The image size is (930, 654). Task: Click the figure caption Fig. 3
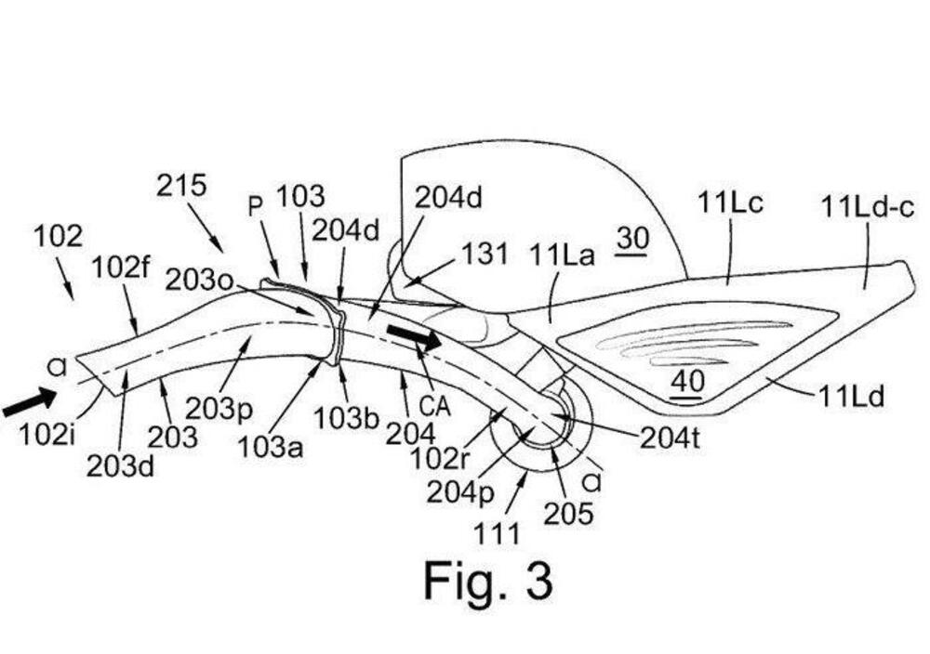[488, 580]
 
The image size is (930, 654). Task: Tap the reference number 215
[181, 186]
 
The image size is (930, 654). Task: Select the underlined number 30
[631, 239]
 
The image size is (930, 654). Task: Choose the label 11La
[561, 253]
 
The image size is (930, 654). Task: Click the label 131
[485, 253]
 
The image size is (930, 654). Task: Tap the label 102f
[121, 268]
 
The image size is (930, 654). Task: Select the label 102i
[47, 433]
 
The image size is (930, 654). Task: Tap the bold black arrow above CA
[413, 336]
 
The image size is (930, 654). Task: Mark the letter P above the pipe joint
[256, 206]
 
